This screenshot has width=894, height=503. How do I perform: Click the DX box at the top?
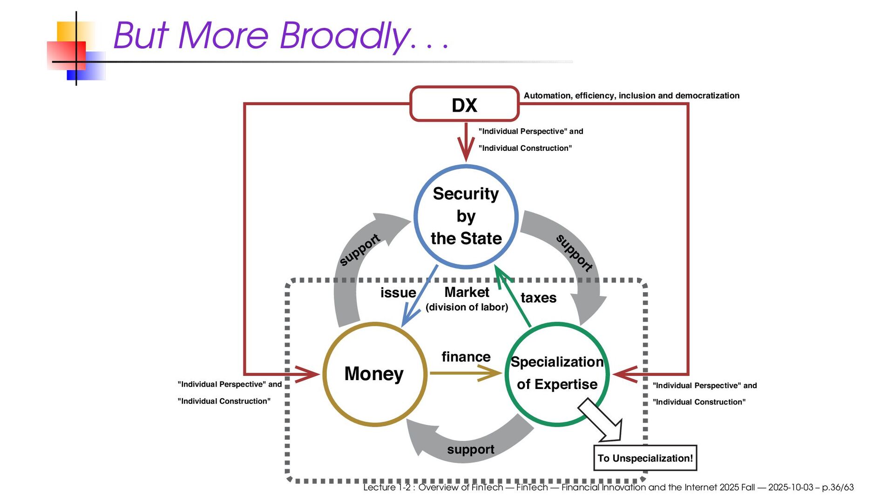tap(464, 104)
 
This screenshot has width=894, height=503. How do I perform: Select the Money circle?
tap(374, 374)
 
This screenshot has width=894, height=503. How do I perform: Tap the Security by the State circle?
tap(466, 216)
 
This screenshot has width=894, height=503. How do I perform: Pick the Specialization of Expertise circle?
tap(557, 373)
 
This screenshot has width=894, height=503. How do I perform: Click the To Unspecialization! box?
tap(645, 458)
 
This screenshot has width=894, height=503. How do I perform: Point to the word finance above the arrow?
tap(466, 356)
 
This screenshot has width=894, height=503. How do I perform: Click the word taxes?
tap(538, 298)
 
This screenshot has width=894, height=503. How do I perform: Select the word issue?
tap(398, 293)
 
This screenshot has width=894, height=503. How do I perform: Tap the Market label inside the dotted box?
tap(467, 292)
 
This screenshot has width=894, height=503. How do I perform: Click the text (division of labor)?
tap(467, 307)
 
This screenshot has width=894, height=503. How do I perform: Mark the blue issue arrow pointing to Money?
tap(420, 295)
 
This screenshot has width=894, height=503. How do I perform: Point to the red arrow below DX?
tap(466, 142)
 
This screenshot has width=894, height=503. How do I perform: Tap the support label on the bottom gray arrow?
tap(470, 449)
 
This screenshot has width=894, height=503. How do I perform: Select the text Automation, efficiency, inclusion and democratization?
tap(631, 95)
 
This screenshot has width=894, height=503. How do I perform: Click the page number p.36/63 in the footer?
tap(838, 487)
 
